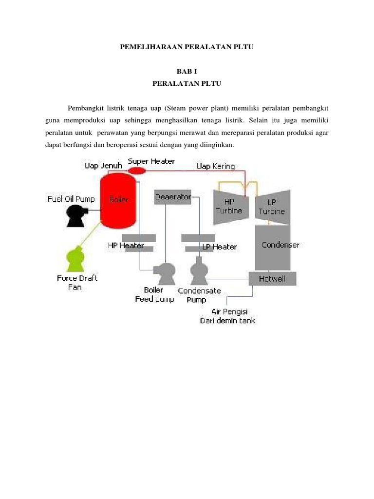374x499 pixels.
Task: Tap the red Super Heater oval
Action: (x=137, y=171)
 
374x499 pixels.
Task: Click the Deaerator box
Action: (x=173, y=197)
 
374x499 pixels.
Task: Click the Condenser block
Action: (x=273, y=246)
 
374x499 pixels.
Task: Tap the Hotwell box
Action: (x=272, y=279)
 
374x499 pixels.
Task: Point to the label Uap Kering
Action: (x=215, y=166)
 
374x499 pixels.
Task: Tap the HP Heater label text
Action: (x=126, y=246)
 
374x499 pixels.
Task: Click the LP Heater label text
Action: (x=219, y=247)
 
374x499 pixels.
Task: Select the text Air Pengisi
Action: (x=227, y=311)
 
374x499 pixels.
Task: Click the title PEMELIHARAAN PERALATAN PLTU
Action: (x=187, y=47)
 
